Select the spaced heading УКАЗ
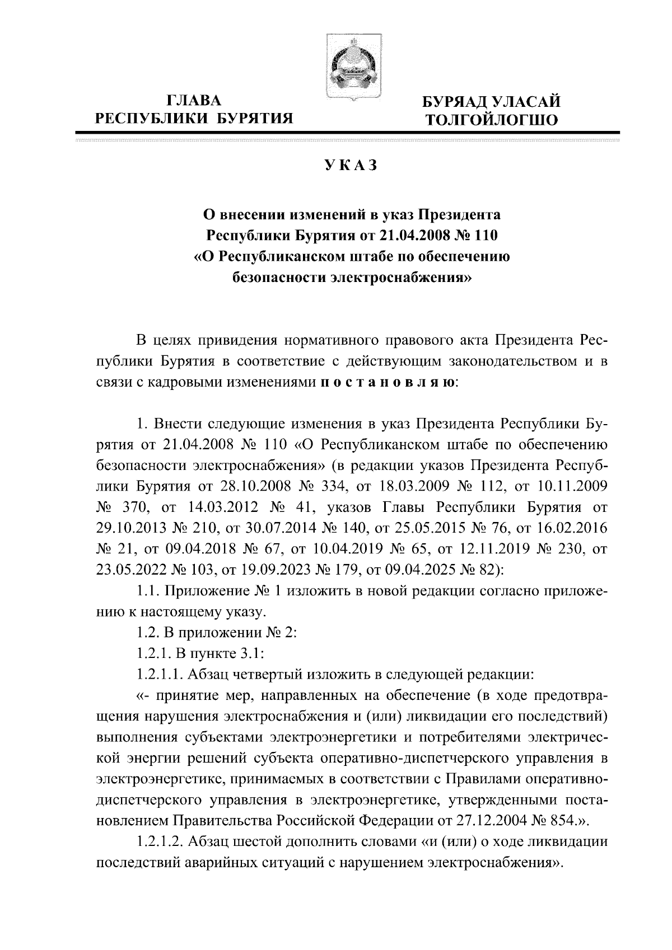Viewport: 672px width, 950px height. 351,166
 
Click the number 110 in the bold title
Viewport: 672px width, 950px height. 484,235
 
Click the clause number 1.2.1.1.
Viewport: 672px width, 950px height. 158,674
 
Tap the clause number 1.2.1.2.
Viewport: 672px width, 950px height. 158,841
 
